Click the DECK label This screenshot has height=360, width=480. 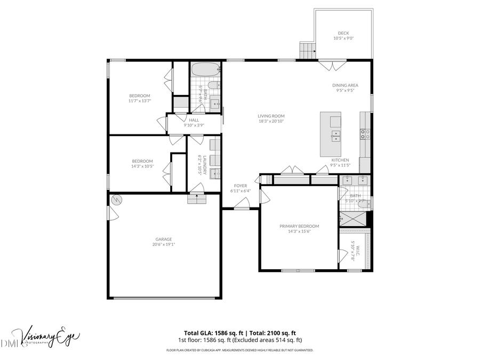(x=343, y=33)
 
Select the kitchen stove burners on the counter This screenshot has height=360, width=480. (x=365, y=134)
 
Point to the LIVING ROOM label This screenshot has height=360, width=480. (x=271, y=116)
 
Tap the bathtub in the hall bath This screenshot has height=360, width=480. (x=205, y=69)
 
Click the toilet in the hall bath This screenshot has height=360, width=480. (x=213, y=85)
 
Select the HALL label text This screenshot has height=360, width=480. (x=194, y=120)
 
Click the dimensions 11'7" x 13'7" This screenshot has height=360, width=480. (x=140, y=100)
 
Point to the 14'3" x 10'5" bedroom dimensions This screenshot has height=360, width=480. (x=142, y=166)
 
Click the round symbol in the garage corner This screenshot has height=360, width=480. (x=116, y=201)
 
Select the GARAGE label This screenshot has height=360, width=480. (x=164, y=239)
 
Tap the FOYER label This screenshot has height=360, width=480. (x=241, y=186)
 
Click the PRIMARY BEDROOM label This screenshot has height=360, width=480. (x=299, y=226)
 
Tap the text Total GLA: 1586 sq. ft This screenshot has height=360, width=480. (x=210, y=332)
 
